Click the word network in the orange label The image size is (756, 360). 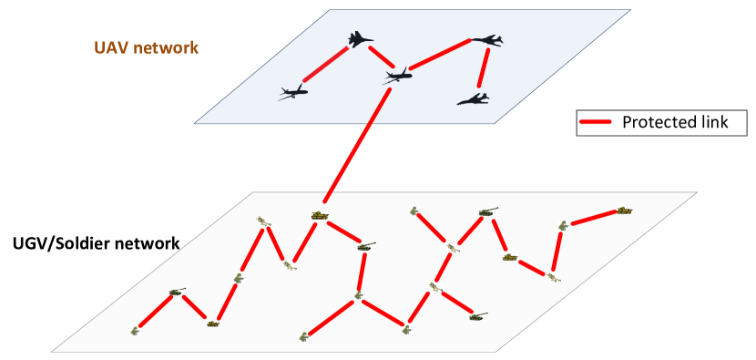tap(165, 47)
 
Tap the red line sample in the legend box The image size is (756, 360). tap(596, 122)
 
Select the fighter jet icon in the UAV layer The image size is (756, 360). tap(361, 39)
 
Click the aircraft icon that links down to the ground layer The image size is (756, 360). tap(397, 76)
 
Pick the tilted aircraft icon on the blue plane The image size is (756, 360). tap(473, 100)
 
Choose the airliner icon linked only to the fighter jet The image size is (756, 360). tap(292, 91)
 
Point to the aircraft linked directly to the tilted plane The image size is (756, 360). tap(486, 40)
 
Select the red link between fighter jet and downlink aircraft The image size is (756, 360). tap(379, 57)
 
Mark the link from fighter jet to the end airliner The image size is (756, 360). tap(325, 65)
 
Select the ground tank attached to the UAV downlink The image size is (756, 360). tap(319, 215)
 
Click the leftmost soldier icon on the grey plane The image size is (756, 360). tap(136, 330)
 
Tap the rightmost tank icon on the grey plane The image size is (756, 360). tap(623, 211)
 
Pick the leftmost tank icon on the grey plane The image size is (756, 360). tap(176, 293)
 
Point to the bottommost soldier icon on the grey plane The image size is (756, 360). tap(303, 337)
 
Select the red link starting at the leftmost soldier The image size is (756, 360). tap(155, 312)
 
